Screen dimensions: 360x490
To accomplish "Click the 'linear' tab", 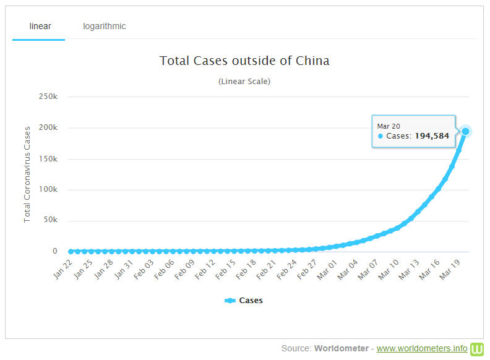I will [x=40, y=26].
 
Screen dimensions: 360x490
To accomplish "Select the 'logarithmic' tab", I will [x=105, y=26].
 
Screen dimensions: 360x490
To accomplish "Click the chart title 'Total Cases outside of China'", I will [x=244, y=61].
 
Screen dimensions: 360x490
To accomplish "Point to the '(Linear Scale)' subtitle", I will [x=244, y=81].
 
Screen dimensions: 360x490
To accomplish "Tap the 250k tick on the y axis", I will [x=48, y=97].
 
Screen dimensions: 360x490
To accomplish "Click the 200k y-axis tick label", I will [x=48, y=128].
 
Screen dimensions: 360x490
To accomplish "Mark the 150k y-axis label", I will [x=48, y=159].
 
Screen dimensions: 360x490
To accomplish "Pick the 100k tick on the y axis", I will [x=48, y=190].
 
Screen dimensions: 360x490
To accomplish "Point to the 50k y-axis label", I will [x=50, y=221].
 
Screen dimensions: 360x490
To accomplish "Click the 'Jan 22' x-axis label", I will [x=63, y=268].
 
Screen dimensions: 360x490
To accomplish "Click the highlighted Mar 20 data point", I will [x=466, y=131].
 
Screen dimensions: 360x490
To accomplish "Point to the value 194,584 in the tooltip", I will [x=431, y=136].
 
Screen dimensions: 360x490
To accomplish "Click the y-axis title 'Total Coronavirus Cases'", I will [x=27, y=174].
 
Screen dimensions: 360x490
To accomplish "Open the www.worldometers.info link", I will [x=422, y=348].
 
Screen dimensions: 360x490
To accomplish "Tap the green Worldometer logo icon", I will [x=477, y=348].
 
